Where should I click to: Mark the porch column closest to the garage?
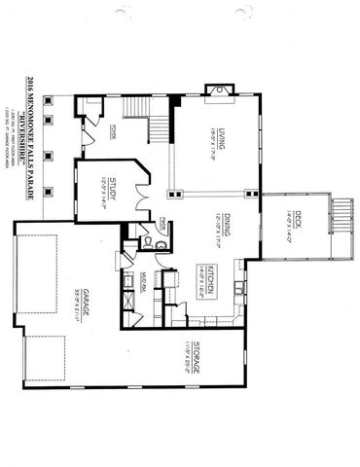[48, 183]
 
